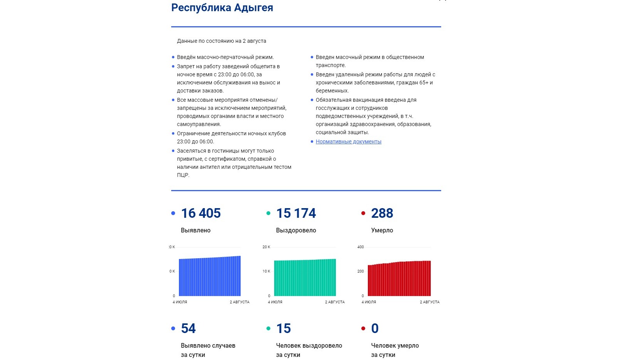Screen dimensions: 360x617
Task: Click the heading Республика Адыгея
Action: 222,8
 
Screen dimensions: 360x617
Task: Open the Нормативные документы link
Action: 348,141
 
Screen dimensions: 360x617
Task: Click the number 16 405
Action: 201,213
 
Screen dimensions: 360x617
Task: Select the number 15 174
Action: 296,213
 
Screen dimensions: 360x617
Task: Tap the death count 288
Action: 382,213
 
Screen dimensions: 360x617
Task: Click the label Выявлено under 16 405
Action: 196,230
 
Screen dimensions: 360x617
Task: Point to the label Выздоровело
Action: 296,230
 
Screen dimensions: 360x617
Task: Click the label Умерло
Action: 382,230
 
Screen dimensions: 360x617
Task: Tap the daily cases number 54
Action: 188,328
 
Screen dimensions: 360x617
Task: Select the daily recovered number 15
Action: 283,328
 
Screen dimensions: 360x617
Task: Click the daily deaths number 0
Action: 375,328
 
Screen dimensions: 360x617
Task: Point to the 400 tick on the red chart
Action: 361,247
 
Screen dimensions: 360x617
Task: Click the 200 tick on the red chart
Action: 361,271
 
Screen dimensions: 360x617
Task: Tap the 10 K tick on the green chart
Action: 266,271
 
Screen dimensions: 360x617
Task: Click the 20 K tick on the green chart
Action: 266,247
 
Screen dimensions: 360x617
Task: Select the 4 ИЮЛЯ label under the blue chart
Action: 180,302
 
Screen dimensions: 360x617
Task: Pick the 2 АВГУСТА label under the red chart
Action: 430,302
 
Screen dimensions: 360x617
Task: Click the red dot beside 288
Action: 363,213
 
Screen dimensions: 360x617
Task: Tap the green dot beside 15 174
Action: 268,213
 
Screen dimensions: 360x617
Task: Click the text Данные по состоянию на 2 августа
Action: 221,41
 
